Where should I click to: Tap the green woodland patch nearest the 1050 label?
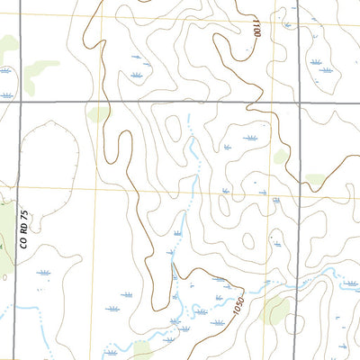coord(275,311)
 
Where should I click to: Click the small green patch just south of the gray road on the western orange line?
coord(99,114)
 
